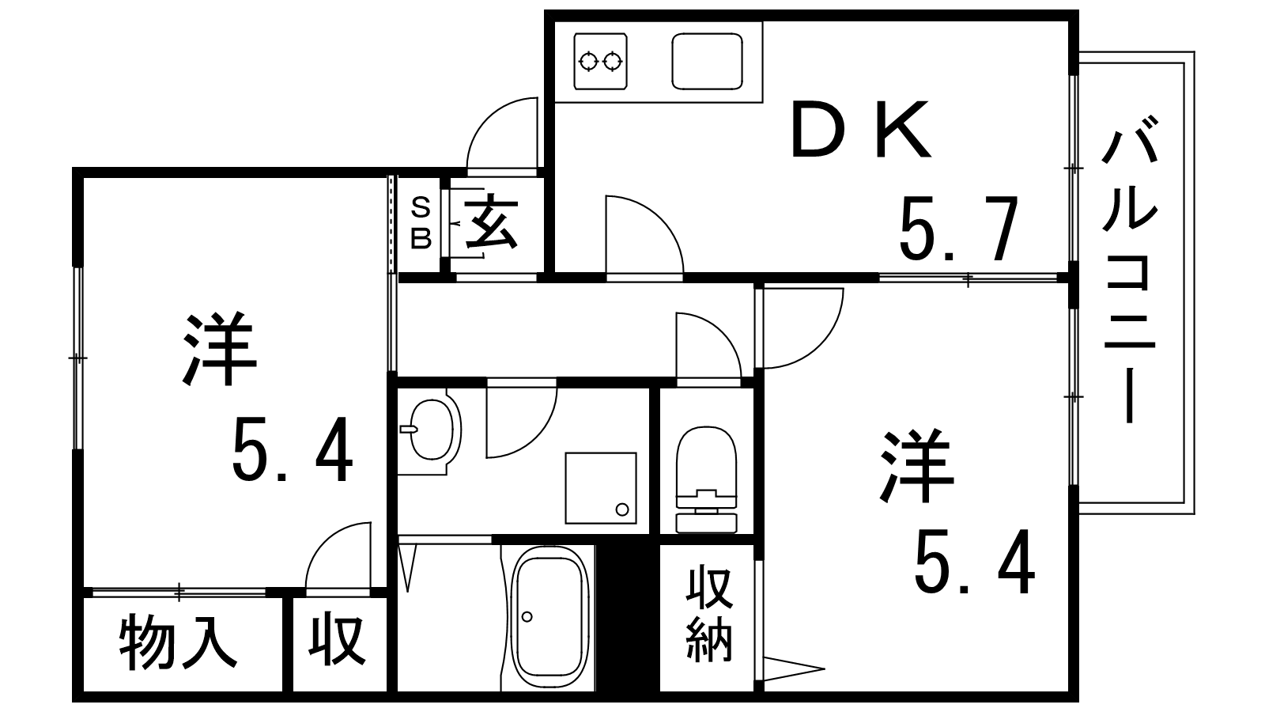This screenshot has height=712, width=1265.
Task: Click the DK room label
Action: [x=861, y=130]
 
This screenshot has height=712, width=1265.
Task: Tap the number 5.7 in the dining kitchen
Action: [x=958, y=229]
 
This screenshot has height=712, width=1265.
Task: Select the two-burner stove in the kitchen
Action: [x=600, y=61]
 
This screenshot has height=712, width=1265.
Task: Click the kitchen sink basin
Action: [x=707, y=61]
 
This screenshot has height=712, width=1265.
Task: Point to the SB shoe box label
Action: [x=421, y=223]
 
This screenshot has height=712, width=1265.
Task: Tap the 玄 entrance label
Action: [x=491, y=222]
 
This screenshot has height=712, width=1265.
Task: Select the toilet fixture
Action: [x=707, y=479]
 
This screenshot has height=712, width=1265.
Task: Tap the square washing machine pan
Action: [x=601, y=488]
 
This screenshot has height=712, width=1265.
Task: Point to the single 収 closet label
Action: [x=337, y=642]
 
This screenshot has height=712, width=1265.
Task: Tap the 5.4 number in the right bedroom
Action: [x=975, y=562]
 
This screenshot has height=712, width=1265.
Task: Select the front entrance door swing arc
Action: [x=502, y=134]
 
